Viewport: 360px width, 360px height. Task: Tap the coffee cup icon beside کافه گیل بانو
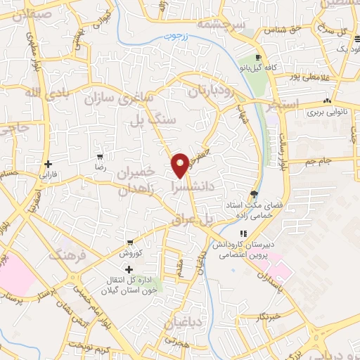coord(259,58)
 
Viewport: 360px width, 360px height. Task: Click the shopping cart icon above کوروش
coord(129,242)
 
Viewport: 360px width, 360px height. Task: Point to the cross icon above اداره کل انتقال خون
coord(129,269)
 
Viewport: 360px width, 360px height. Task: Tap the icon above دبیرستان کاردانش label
coord(243,234)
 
